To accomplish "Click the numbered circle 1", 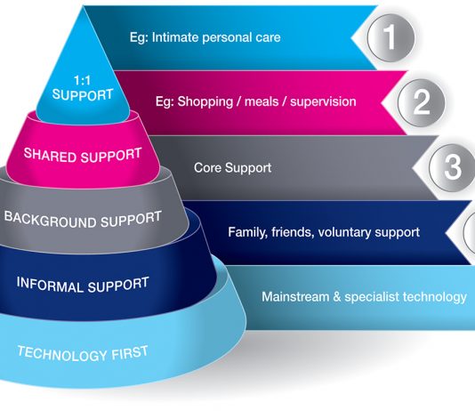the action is (390, 38).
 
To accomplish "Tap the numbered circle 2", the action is (422, 102).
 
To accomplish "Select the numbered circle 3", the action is (453, 167).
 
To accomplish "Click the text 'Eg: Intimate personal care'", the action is (205, 37).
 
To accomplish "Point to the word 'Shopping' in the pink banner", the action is (205, 102).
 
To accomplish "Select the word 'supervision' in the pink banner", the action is (323, 101).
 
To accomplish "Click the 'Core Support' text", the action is (233, 168).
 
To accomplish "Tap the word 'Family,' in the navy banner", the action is (248, 232).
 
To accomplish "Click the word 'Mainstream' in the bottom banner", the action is (295, 297).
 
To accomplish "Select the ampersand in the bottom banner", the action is (337, 297).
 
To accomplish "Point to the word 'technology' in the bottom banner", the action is (436, 297).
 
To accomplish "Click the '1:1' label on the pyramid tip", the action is (83, 81).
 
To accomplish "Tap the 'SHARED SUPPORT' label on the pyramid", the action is (83, 155).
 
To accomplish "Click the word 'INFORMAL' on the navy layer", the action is (50, 285).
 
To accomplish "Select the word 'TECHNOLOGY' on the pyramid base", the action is (62, 353).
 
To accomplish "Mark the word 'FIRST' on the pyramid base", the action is (130, 352).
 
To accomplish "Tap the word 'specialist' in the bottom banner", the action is (374, 297).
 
